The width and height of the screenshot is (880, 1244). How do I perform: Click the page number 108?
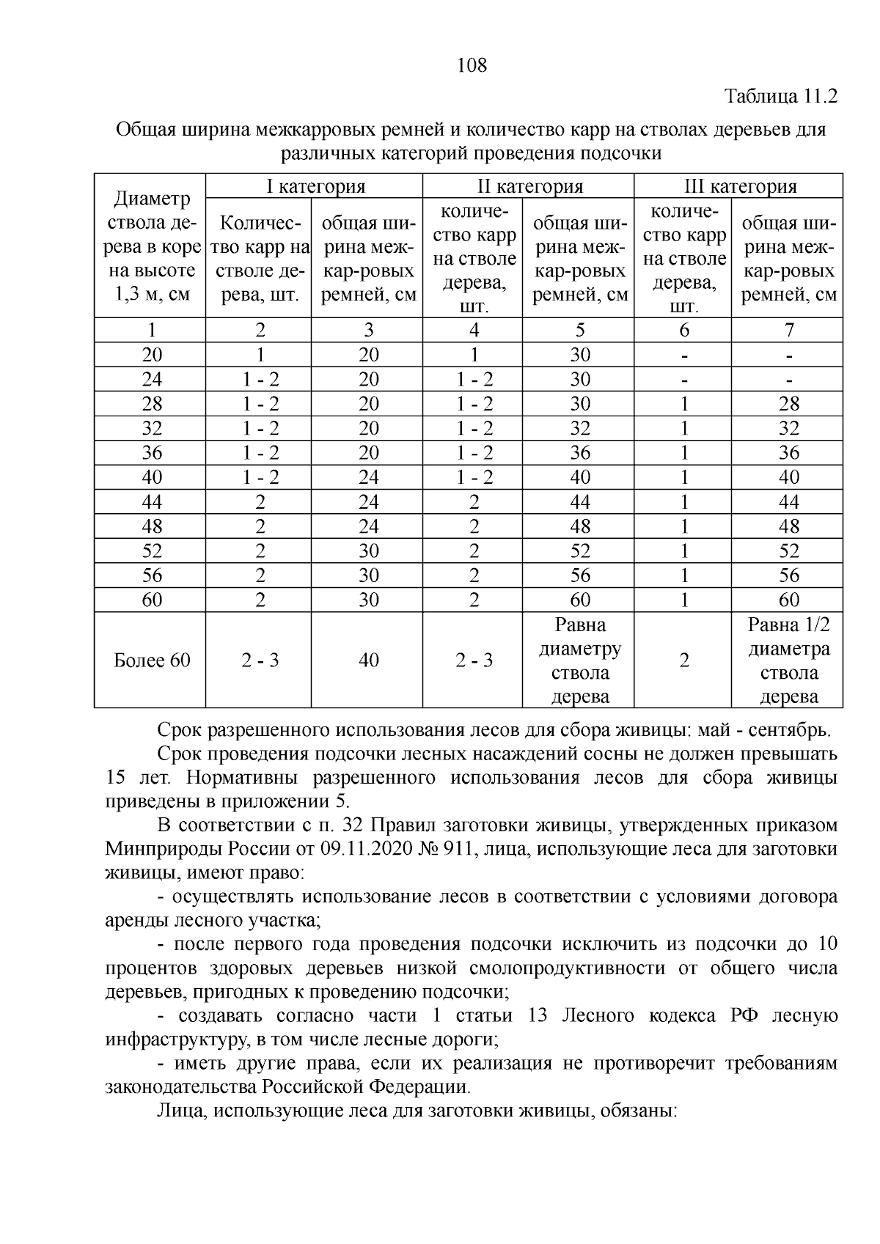[472, 66]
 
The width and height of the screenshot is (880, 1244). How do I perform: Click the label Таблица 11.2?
[781, 97]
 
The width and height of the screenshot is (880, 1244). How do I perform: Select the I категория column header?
[315, 186]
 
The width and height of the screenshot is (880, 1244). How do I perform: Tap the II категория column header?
[528, 186]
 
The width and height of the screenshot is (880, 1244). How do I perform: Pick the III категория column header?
[738, 186]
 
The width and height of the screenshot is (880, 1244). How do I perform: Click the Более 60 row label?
[152, 660]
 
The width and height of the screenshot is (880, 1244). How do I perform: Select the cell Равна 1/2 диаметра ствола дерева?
[788, 660]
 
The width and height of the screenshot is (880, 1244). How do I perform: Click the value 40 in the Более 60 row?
[368, 660]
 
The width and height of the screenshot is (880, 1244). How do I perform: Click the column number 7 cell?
[789, 330]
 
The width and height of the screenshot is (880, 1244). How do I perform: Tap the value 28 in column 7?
[789, 404]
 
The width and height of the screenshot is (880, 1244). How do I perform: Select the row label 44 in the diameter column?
[152, 502]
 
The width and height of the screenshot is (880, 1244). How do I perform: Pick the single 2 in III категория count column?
[683, 660]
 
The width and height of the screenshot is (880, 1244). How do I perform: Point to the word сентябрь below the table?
[793, 731]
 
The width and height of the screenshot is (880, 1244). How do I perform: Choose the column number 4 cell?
[474, 330]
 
